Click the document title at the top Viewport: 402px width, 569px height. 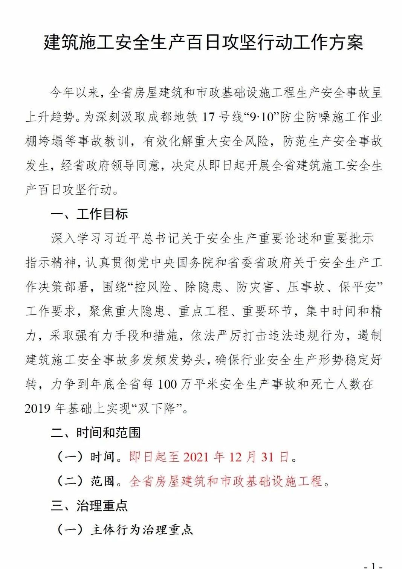(203, 42)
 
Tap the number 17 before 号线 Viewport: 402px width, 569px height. (208, 117)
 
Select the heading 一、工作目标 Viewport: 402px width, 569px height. (89, 214)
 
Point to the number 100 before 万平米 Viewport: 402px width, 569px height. (167, 384)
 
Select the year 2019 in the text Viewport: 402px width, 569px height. (38, 409)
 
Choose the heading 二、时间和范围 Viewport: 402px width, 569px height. (96, 433)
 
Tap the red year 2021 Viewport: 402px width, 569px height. (196, 457)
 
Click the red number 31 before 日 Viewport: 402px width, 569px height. (267, 457)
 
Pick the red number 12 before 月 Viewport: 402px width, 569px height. (235, 457)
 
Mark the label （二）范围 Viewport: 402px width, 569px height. (85, 481)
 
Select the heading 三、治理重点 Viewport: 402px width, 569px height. (89, 505)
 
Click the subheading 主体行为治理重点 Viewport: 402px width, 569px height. (142, 530)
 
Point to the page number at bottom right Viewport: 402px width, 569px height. (373, 565)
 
